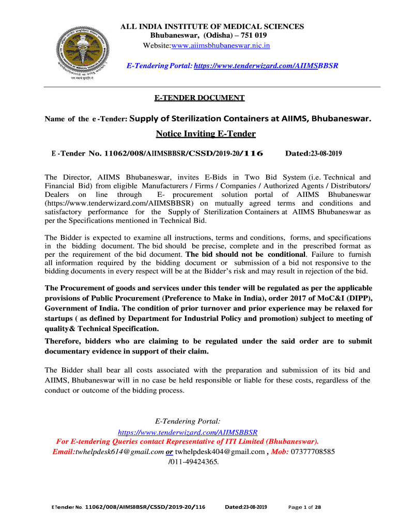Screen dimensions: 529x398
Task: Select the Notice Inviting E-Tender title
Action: (x=206, y=134)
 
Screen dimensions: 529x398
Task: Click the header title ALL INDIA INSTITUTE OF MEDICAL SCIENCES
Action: (x=212, y=26)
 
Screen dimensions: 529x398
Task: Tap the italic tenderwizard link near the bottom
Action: (x=188, y=432)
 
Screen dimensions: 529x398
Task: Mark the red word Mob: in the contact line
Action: (x=280, y=451)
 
